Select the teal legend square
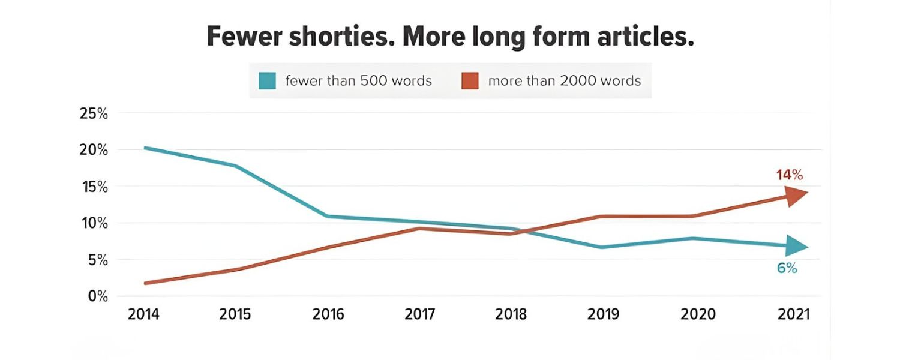pos(267,80)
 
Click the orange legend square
pos(470,80)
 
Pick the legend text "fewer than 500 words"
pos(358,80)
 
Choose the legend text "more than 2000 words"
pos(565,80)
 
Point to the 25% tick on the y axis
pos(94,113)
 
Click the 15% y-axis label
pos(94,187)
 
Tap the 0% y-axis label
pos(97,296)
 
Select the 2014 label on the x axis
pos(144,314)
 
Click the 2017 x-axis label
pos(419,314)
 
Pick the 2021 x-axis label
pos(793,314)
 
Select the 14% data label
pos(789,175)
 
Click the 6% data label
pos(787,268)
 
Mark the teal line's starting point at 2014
pos(146,148)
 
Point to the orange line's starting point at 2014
pos(146,283)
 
